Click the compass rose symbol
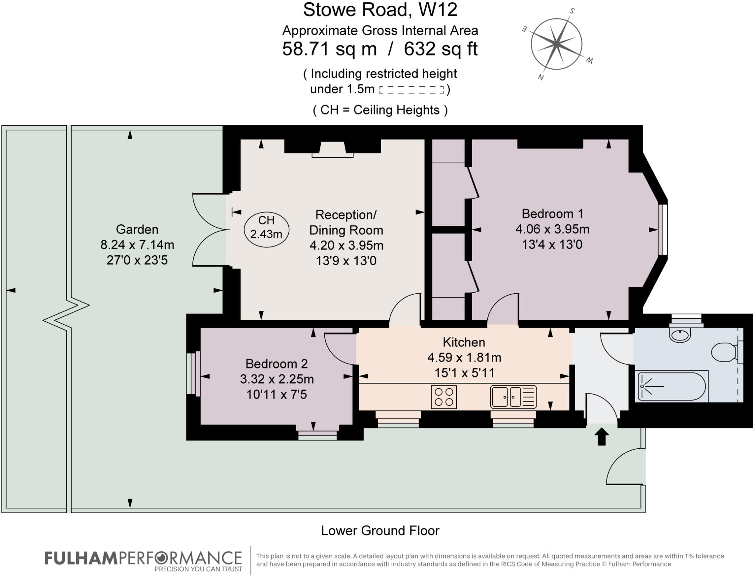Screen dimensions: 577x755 556,44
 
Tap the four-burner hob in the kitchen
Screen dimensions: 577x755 443,397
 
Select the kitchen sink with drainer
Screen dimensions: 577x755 513,397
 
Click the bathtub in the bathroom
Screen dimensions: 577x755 672,386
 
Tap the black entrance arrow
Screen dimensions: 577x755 601,437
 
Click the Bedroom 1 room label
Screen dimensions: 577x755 552,214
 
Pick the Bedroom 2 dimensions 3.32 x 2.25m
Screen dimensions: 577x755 276,379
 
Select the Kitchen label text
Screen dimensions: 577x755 463,342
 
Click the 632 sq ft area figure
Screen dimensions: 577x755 441,49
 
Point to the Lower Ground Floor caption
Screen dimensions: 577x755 380,531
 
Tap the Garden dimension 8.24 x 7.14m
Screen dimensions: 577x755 137,245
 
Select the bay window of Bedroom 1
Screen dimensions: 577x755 662,230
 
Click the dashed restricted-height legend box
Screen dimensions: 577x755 411,90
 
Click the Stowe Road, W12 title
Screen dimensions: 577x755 380,10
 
